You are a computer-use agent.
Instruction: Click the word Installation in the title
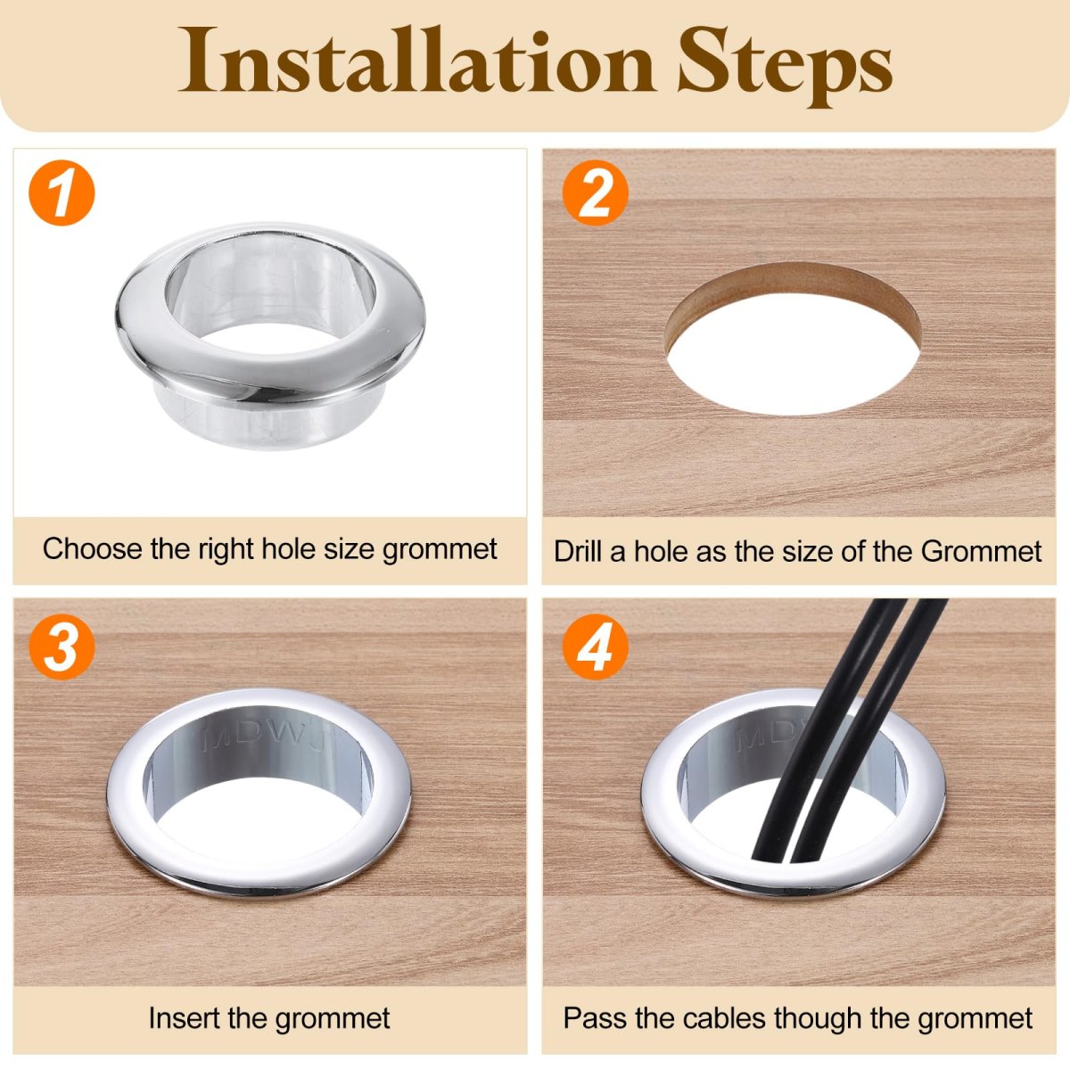coord(416,61)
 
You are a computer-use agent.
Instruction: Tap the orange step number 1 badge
coord(62,193)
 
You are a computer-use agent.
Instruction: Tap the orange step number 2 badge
coord(596,193)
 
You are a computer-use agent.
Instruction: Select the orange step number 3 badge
coord(62,646)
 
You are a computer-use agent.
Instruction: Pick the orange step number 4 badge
coord(596,646)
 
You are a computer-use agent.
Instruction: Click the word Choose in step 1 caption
coord(93,548)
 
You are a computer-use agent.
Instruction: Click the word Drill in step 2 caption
coord(579,551)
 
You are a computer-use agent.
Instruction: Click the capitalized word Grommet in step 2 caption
coord(981,551)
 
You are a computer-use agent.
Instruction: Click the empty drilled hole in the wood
coord(793,354)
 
